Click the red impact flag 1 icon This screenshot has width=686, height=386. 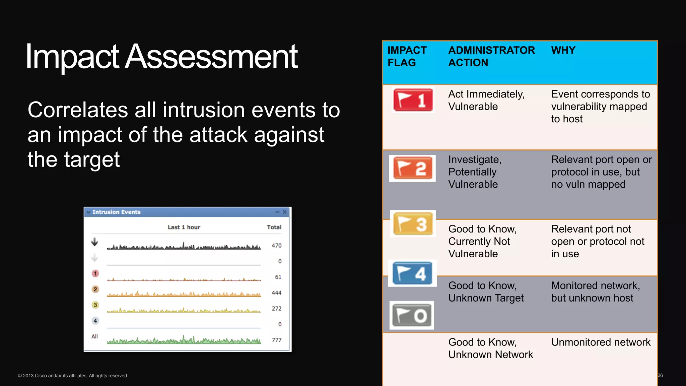pos(413,100)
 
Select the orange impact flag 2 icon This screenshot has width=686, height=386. pos(412,169)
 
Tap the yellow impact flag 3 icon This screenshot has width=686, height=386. pos(413,223)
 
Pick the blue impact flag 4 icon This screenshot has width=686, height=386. pos(412,273)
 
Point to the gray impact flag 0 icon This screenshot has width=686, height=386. pos(412,315)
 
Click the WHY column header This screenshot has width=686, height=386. pos(563,50)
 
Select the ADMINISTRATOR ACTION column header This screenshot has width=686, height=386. pos(491,56)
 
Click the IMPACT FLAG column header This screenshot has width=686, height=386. pos(407,56)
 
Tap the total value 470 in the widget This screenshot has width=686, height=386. pos(276,246)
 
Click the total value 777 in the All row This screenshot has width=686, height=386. pos(276,340)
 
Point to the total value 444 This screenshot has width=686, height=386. pos(276,293)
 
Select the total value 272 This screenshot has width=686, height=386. pos(276,309)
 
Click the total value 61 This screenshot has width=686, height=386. pos(278,277)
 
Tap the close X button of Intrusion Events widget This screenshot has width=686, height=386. pos(285,212)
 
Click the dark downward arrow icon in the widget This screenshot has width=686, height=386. pos(95,242)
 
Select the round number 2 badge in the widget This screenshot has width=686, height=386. pos(95,289)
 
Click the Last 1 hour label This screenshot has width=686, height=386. pos(184,227)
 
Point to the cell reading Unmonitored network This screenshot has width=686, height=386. pos(601,342)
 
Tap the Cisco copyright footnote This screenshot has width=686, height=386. pos(73,376)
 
